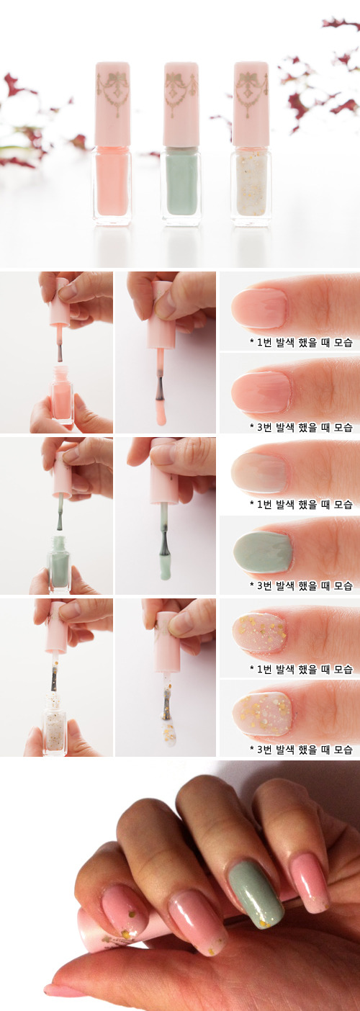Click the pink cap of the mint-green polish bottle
[x=181, y=104]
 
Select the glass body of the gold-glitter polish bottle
[x=251, y=187]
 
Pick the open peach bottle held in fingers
[x=62, y=394]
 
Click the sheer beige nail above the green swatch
[x=259, y=472]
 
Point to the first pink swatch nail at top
[x=259, y=307]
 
